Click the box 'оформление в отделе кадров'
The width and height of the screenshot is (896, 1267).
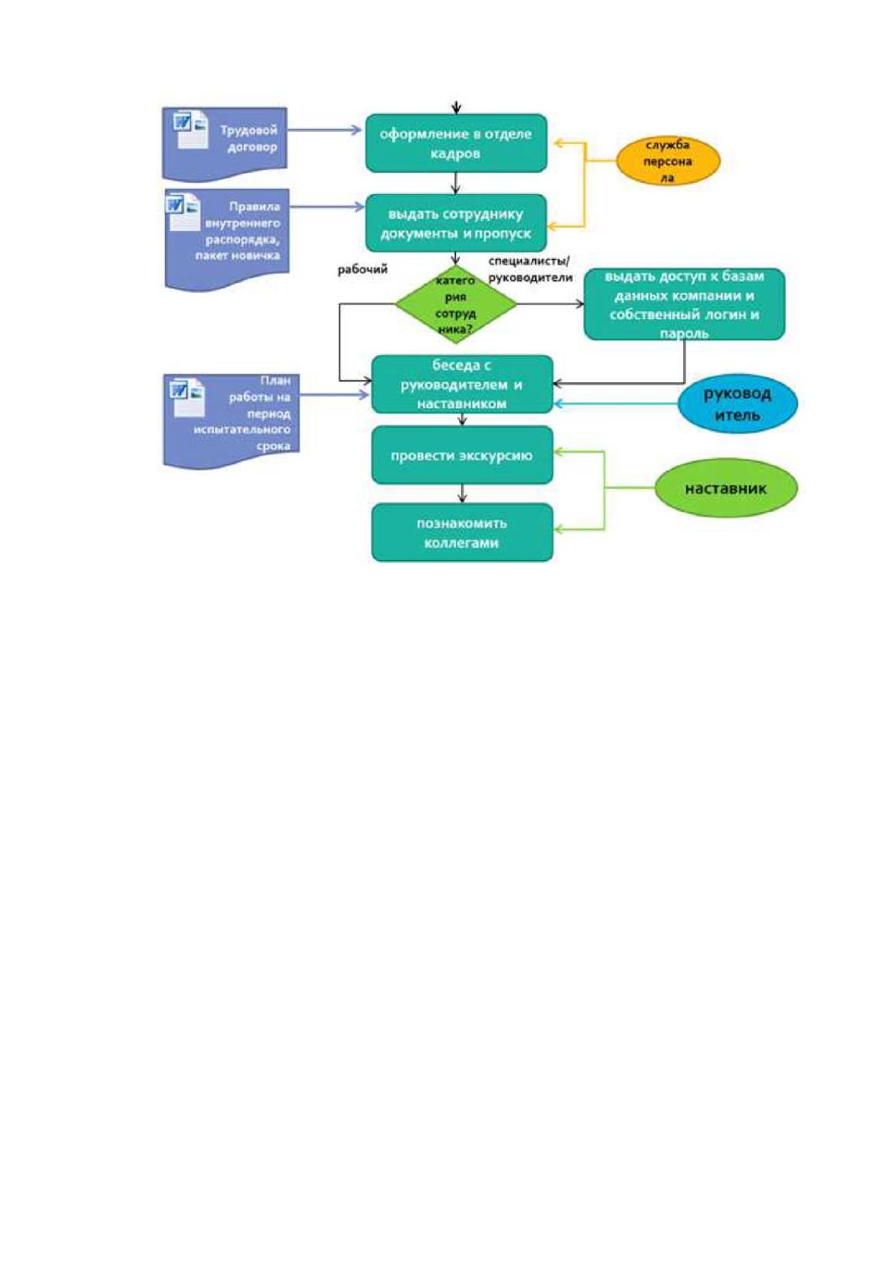coord(456,143)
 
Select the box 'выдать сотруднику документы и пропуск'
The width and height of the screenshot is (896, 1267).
coord(456,223)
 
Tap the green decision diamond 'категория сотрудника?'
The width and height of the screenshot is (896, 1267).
coord(456,304)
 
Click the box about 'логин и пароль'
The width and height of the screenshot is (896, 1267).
coord(684,304)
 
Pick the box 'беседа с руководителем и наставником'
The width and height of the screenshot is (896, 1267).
coord(462,384)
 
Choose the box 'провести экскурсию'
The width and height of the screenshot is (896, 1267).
coord(462,454)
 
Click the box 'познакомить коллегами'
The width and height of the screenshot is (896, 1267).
coord(462,532)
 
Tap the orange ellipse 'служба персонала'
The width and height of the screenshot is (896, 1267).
coord(668,161)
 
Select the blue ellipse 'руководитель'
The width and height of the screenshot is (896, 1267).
coord(737,404)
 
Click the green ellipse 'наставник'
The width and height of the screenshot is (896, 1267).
coord(726,488)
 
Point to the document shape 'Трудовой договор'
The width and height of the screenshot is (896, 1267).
coord(225,142)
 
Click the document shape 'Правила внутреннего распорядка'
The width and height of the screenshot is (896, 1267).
coord(227,239)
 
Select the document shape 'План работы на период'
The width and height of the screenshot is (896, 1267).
coord(231,421)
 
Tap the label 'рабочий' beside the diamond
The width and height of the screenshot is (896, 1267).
coord(363,269)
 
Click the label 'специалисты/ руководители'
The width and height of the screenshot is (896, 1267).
coord(530,269)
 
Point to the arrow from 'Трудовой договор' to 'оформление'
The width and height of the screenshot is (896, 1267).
coord(325,130)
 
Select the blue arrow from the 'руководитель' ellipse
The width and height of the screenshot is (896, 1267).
coord(616,403)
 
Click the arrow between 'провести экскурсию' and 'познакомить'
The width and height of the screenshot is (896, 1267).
coord(462,494)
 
